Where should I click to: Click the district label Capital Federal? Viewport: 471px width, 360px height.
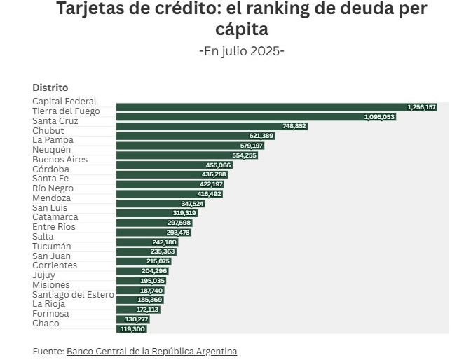(x=64, y=102)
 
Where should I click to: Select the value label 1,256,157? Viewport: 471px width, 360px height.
(x=421, y=107)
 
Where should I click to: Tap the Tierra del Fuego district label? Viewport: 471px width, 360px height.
(x=66, y=111)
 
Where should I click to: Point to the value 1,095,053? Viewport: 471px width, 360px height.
(x=380, y=117)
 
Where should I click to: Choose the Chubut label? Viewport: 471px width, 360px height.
(x=48, y=130)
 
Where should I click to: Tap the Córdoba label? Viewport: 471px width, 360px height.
(x=50, y=169)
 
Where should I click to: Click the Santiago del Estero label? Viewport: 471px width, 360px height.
(x=73, y=295)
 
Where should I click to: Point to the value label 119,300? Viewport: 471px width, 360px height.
(x=132, y=328)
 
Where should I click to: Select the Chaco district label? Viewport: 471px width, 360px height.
(x=46, y=324)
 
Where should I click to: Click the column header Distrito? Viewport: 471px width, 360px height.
(x=50, y=88)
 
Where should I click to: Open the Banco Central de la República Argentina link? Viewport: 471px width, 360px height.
(x=151, y=351)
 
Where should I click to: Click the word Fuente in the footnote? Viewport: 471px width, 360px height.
(x=48, y=351)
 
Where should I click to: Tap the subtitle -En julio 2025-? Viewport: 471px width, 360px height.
(x=242, y=51)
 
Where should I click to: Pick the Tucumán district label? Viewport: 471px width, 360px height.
(x=51, y=247)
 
